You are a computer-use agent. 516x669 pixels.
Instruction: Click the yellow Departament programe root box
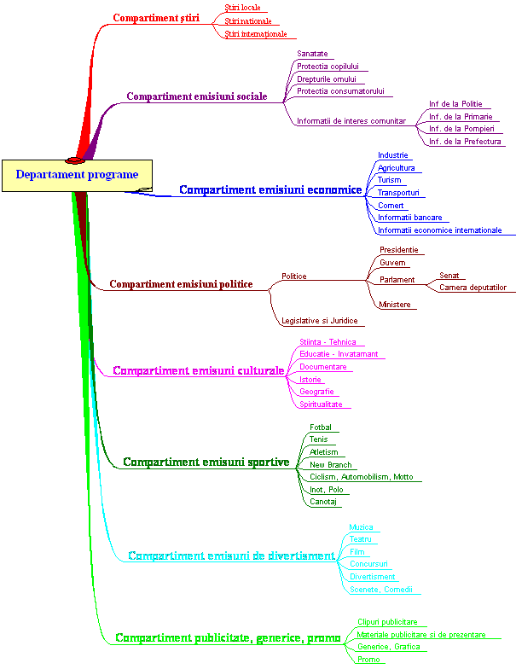(77, 176)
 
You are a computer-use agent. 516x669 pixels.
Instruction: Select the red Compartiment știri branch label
(156, 18)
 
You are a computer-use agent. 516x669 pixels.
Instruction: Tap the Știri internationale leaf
(256, 34)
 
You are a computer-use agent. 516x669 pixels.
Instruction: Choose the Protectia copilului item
(328, 67)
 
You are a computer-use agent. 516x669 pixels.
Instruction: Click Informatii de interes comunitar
(351, 121)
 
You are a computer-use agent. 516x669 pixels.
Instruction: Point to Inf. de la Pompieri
(461, 128)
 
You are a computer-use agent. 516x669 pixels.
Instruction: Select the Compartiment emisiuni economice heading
(270, 189)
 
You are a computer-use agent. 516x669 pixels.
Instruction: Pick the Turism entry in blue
(389, 179)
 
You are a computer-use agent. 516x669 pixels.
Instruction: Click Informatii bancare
(409, 217)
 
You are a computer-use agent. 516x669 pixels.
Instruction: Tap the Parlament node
(397, 280)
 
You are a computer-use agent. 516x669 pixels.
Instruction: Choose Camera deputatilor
(473, 287)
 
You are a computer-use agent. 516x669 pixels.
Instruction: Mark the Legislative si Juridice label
(319, 321)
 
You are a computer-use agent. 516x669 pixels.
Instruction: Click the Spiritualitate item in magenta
(321, 404)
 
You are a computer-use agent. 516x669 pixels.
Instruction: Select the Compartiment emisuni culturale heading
(198, 370)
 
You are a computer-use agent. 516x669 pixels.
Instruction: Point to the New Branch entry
(331, 464)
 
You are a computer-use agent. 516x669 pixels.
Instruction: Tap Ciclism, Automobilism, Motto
(362, 476)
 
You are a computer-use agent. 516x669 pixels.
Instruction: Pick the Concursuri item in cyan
(368, 563)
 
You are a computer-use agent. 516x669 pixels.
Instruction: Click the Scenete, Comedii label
(380, 589)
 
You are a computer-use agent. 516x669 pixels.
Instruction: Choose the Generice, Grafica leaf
(389, 647)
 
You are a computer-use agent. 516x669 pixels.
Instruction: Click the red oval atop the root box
(75, 160)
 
